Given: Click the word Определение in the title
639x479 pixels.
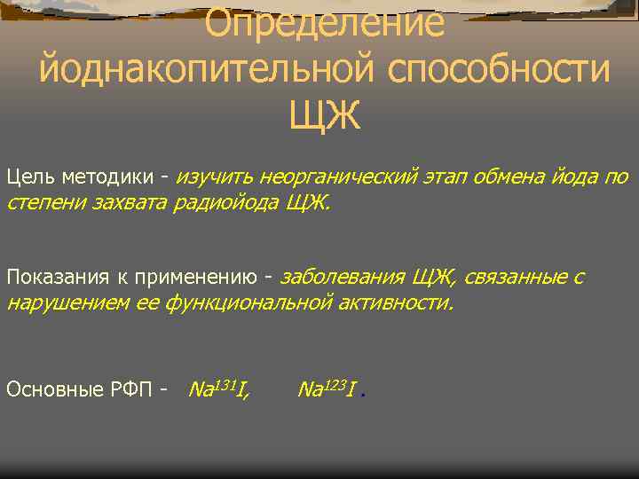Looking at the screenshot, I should pyautogui.click(x=324, y=22).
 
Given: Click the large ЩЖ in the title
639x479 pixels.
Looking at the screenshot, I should pyautogui.click(x=325, y=114).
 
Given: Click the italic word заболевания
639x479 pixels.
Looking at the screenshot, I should pyautogui.click(x=343, y=277).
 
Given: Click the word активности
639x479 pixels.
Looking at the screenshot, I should pyautogui.click(x=394, y=304).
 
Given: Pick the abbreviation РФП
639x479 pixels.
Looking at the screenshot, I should pyautogui.click(x=134, y=389).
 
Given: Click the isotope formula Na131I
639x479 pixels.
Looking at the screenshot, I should pyautogui.click(x=218, y=388).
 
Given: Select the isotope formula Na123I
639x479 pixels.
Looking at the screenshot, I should pyautogui.click(x=327, y=388).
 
